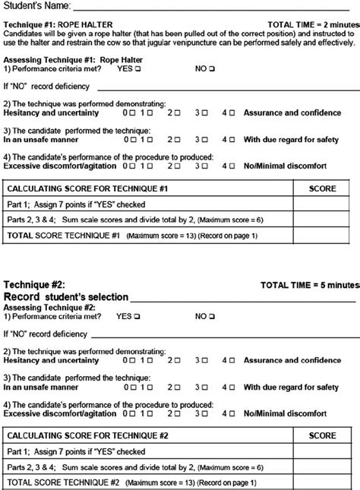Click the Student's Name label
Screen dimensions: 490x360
(36, 6)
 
